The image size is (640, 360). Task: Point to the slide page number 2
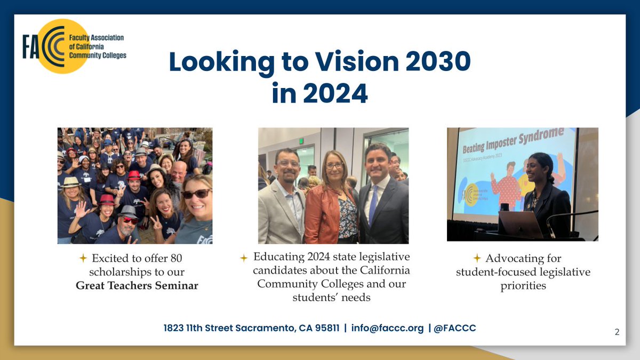click(x=617, y=332)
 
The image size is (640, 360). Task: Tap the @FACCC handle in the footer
click(x=455, y=328)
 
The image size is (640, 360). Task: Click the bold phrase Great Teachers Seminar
click(x=137, y=285)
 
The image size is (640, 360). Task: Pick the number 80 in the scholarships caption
click(x=176, y=258)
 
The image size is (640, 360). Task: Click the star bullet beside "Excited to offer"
click(x=83, y=258)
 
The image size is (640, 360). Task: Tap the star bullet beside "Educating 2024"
click(x=244, y=258)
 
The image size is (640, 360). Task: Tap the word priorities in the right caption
click(x=523, y=285)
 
